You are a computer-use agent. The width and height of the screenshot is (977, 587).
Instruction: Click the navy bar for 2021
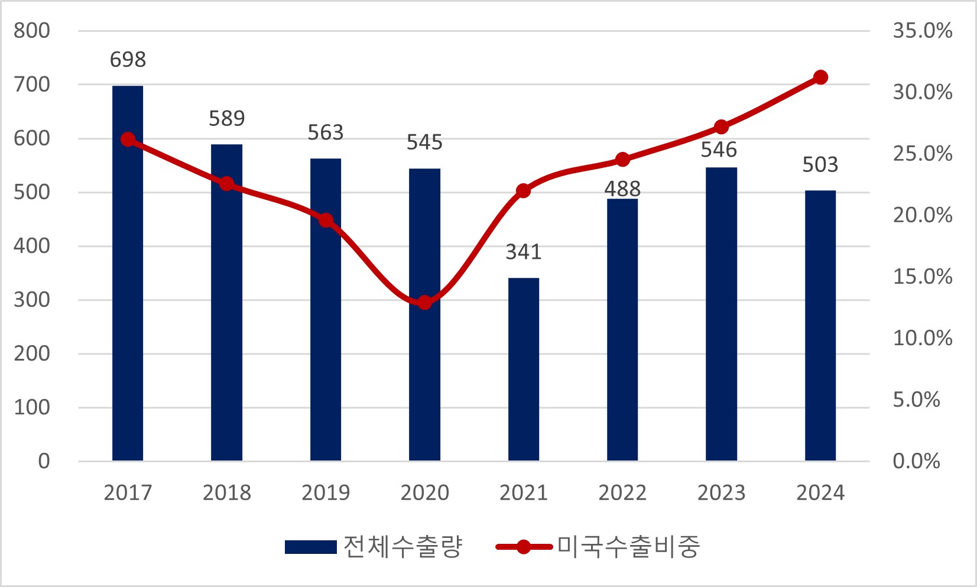(524, 369)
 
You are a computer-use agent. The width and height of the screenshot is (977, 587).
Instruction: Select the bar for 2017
(128, 273)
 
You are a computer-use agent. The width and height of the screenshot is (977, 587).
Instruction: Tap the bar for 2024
(820, 326)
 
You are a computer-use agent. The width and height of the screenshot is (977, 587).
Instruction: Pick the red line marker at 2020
(424, 303)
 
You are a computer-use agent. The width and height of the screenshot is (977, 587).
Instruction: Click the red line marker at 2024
(820, 77)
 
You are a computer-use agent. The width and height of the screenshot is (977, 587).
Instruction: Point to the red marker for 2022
(622, 160)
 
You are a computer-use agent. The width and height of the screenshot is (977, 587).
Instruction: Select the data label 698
(128, 60)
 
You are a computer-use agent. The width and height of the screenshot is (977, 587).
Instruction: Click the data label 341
(524, 252)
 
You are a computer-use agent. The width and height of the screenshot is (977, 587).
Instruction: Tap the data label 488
(622, 189)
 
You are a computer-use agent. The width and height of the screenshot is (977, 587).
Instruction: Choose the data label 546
(719, 150)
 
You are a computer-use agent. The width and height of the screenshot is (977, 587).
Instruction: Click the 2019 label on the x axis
(326, 492)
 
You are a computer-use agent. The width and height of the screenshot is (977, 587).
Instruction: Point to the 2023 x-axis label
(721, 492)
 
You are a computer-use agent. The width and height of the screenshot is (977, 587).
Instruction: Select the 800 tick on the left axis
(32, 31)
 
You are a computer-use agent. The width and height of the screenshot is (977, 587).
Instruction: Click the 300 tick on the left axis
(32, 300)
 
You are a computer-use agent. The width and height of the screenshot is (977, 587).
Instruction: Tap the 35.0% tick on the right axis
(922, 31)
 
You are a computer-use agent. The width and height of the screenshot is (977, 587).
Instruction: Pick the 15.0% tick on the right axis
(922, 277)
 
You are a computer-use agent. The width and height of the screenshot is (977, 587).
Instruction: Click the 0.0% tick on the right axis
(916, 461)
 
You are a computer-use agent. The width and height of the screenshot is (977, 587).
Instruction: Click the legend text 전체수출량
(403, 547)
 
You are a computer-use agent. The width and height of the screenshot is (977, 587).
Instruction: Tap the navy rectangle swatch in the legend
(310, 547)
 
